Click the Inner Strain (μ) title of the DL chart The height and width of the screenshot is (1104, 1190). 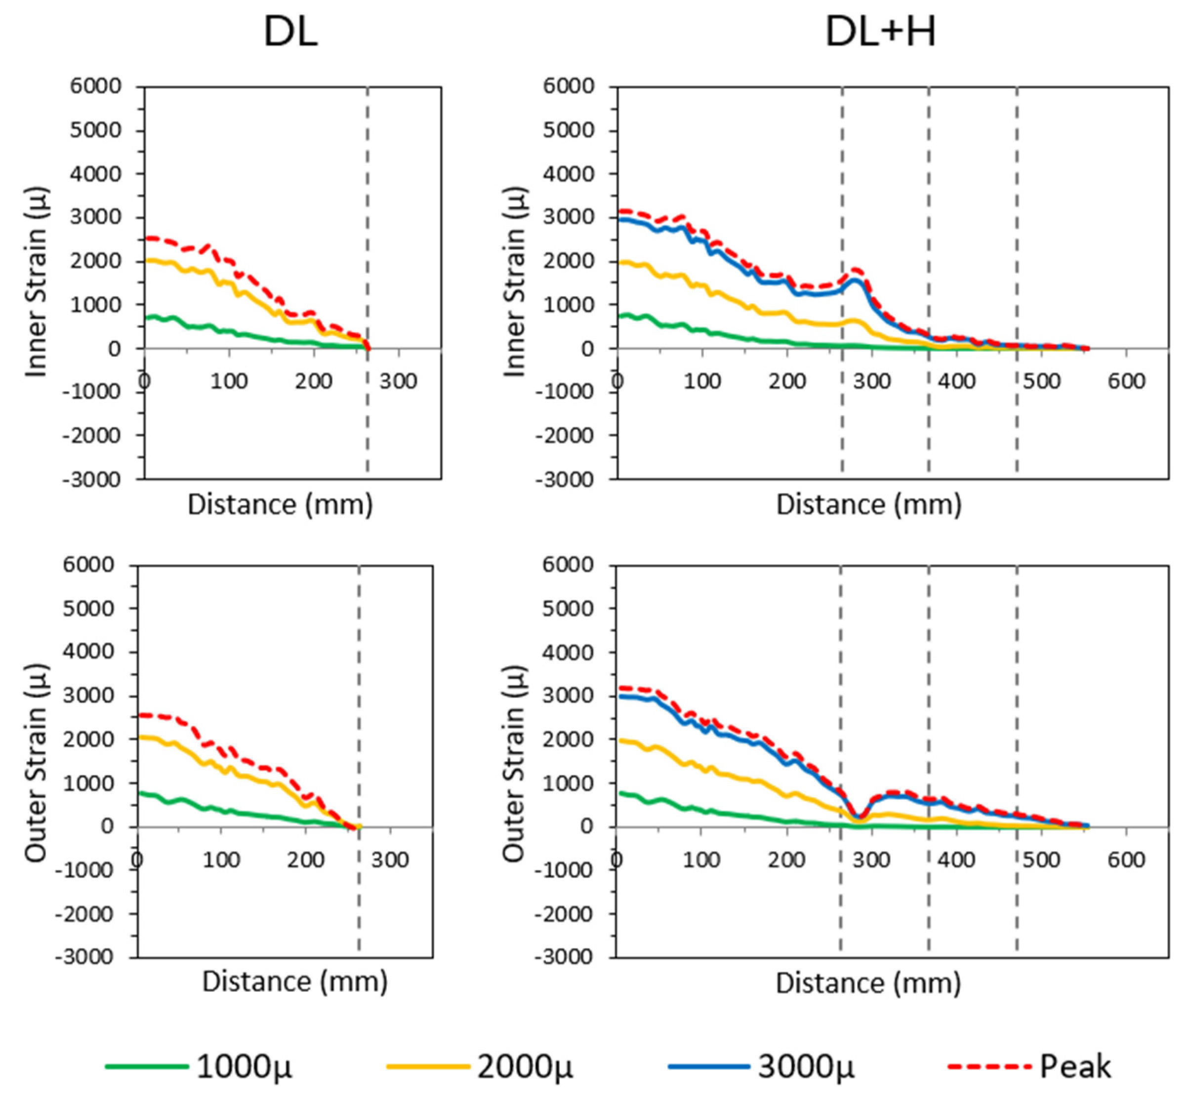[37, 283]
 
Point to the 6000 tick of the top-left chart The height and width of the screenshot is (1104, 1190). [95, 86]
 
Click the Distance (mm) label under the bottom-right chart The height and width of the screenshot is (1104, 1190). [868, 982]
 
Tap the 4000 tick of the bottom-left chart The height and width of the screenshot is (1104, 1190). [88, 652]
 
